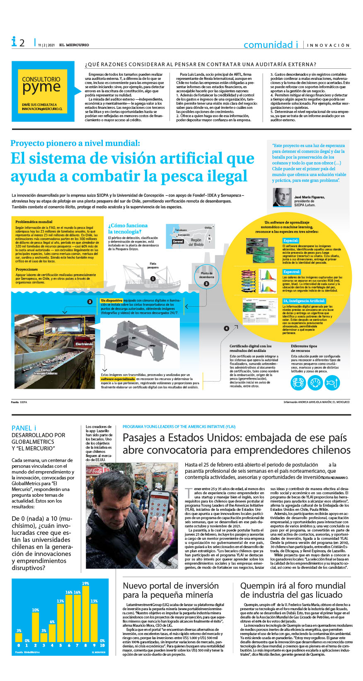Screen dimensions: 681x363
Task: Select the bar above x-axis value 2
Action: coord(35,627)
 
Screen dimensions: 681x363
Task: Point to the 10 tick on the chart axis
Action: coord(102,645)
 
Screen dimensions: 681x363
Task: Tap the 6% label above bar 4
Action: coord(52,622)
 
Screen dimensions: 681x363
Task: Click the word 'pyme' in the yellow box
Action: coord(41,87)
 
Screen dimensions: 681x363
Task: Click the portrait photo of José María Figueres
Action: coord(282,197)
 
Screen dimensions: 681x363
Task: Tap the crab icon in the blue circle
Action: coord(298,383)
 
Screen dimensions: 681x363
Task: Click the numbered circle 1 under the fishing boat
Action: coord(153,279)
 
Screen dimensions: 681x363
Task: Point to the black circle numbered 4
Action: coord(226,328)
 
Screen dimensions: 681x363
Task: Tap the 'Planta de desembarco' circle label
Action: coord(206,275)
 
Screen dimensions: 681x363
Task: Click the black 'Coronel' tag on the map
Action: coord(178,241)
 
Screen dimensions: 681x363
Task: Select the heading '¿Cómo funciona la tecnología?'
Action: coord(128,229)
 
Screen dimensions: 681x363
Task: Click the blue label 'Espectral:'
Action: coord(292,272)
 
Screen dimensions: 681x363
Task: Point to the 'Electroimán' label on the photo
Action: coord(85,344)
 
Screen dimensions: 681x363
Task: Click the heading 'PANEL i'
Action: coord(24,428)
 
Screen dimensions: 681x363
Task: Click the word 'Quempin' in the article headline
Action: coord(258,586)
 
